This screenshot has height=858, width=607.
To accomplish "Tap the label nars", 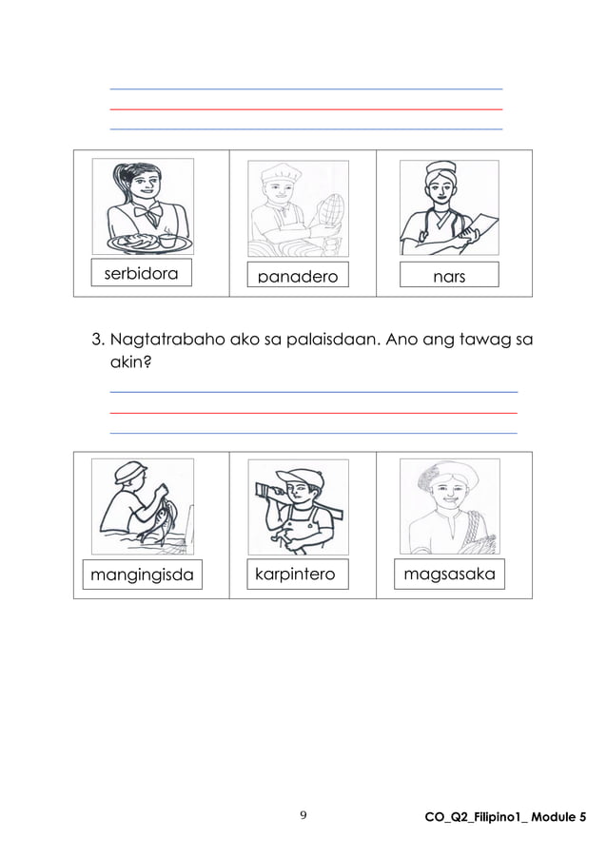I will [x=448, y=275].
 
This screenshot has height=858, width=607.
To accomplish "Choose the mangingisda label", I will [x=142, y=575].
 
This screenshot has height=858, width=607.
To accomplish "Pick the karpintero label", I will [x=295, y=575].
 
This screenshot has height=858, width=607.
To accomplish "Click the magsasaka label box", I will [x=449, y=575].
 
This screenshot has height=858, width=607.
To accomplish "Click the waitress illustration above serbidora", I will [x=143, y=207].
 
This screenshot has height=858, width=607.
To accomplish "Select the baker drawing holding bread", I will [x=298, y=207].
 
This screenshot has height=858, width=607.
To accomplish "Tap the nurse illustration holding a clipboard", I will [x=448, y=207].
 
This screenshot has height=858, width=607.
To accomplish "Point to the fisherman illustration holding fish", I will [x=143, y=506].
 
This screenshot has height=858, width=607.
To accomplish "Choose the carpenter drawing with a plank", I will [x=298, y=506].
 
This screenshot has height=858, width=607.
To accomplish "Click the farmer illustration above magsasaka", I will [x=448, y=506].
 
